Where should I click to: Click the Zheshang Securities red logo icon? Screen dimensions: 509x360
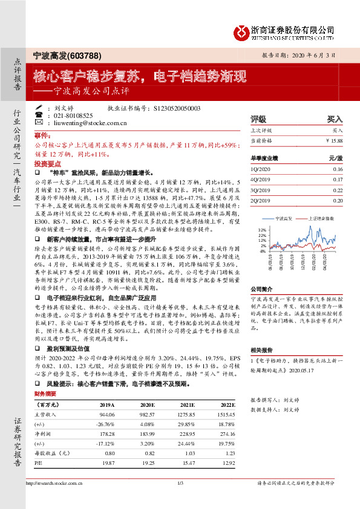(x=240, y=31)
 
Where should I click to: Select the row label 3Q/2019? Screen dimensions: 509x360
(x=260, y=190)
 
